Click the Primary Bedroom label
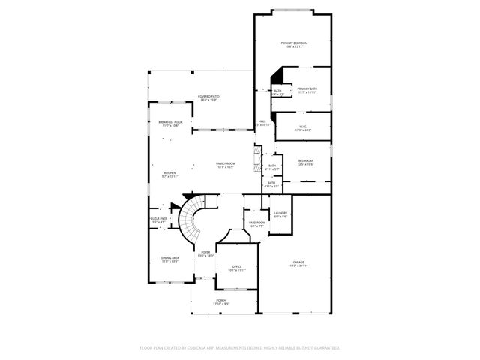[x=295, y=44]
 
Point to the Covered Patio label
[x=207, y=97]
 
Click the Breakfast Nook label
[x=170, y=122]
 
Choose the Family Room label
[x=226, y=164]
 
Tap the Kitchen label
[x=170, y=175]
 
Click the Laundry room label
[x=280, y=214]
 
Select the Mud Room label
[x=257, y=223]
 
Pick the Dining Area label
[x=169, y=259]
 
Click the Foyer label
[x=205, y=253]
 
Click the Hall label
[x=262, y=121]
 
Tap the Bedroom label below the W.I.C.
[x=305, y=162]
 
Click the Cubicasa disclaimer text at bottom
[x=240, y=348]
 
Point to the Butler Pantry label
[x=159, y=220]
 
